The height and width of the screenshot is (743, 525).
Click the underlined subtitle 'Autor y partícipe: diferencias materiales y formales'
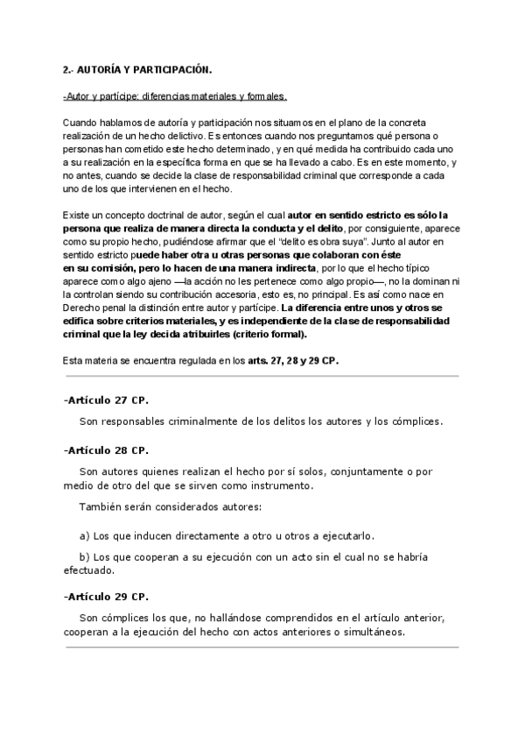(175, 96)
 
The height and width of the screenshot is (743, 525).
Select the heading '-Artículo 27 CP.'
(106, 400)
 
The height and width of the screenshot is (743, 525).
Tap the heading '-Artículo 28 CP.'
(106, 450)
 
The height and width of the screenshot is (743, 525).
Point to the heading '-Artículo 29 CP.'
(106, 596)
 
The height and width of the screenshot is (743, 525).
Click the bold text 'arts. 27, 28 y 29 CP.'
(293, 360)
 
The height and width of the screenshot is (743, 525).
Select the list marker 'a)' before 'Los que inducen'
(84, 535)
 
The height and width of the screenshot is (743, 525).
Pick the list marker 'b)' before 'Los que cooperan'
(84, 556)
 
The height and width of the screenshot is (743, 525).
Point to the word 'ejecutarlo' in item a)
(351, 535)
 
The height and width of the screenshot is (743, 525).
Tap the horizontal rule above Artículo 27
(261, 376)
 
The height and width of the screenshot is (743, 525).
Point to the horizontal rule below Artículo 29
(261, 647)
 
